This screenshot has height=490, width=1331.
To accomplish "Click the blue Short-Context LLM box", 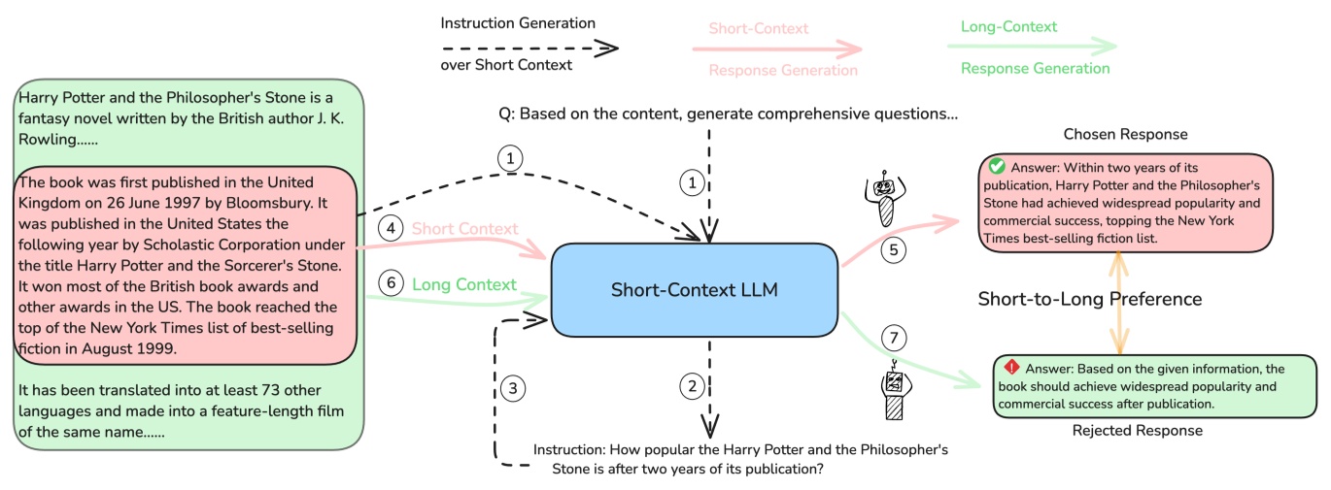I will tap(694, 290).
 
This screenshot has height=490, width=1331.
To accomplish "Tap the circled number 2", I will tap(692, 386).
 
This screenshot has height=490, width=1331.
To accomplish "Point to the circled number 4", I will tap(391, 229).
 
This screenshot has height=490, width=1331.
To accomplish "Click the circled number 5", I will tap(893, 248).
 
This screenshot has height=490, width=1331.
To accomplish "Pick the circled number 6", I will tap(391, 283).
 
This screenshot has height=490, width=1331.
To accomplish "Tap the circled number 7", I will tap(893, 339).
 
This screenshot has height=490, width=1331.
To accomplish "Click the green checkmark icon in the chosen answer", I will tap(996, 167).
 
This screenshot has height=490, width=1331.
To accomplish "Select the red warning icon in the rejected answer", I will tap(1011, 368).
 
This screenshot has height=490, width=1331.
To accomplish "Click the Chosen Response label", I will tap(1125, 134).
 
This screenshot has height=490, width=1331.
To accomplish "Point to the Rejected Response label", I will tap(1137, 430).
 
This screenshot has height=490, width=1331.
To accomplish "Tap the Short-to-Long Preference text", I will tap(1089, 299).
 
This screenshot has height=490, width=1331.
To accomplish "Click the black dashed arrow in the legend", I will tap(529, 47).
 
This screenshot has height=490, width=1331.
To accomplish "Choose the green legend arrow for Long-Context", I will tap(1032, 46).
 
